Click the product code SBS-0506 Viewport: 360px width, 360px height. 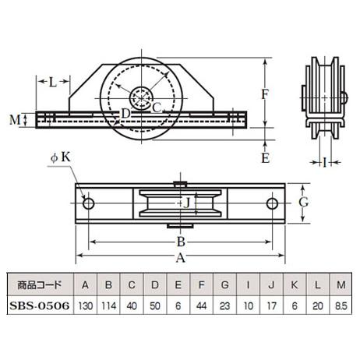(x=40, y=305)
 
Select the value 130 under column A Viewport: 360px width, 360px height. (x=85, y=305)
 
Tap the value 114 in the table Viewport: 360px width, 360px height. (x=108, y=305)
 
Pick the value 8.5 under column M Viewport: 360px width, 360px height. (x=341, y=305)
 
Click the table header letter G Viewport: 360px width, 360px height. (x=224, y=285)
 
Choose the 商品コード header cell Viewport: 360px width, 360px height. (x=40, y=285)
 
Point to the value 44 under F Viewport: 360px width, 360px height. (x=201, y=305)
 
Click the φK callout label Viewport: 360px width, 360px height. (x=61, y=157)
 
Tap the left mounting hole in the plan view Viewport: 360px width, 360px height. (x=88, y=204)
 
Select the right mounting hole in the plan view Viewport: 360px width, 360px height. (x=272, y=204)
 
